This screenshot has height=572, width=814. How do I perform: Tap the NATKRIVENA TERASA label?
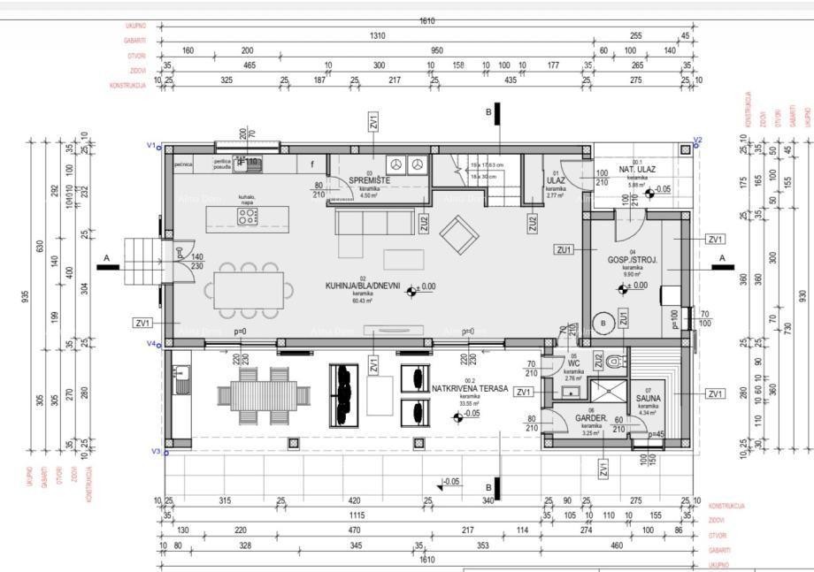(x=469, y=388)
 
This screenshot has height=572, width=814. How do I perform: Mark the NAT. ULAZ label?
(x=636, y=169)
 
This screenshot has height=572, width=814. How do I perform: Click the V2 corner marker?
(x=697, y=141)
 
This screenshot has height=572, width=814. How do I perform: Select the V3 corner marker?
(x=155, y=452)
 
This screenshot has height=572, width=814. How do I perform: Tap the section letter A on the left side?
(x=107, y=258)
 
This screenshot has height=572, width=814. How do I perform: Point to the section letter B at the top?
(x=488, y=112)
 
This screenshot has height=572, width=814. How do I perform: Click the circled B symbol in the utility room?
(x=604, y=323)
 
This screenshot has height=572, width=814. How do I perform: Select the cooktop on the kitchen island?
(x=248, y=217)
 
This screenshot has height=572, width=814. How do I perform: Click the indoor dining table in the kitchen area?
(x=249, y=290)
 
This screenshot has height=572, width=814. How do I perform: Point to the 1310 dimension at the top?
(x=378, y=36)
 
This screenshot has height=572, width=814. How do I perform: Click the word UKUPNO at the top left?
(x=135, y=26)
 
